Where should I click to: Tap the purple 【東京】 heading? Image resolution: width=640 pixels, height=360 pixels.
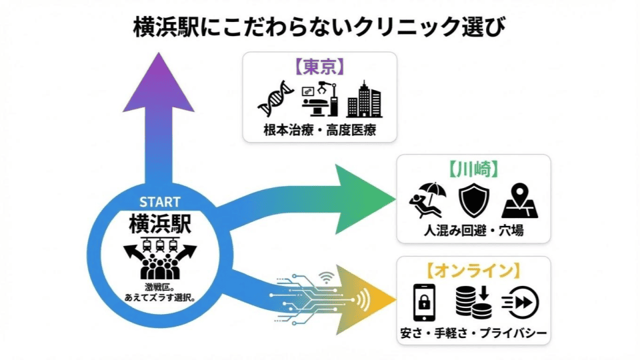[x=319, y=67]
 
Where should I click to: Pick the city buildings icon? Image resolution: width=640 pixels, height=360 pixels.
[x=364, y=99]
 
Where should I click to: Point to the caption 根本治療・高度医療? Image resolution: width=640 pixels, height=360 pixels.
[x=320, y=130]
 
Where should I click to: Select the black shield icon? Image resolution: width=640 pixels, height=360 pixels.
[x=473, y=201]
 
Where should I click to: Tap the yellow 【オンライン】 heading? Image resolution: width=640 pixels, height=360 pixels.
[x=473, y=271]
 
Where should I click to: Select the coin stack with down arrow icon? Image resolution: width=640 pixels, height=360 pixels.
[x=473, y=302]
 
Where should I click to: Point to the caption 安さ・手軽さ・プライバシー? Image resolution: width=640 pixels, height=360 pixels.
[x=473, y=332]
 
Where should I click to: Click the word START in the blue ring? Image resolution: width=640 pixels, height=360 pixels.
[x=159, y=202]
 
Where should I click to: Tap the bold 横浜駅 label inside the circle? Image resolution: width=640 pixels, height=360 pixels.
[x=159, y=223]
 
